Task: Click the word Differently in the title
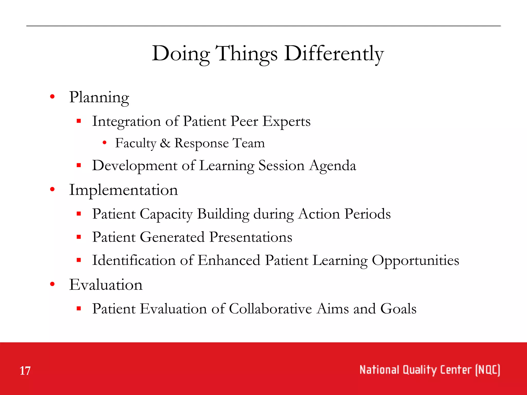tap(334, 53)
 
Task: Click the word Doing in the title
tap(181, 53)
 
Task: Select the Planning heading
tap(99, 97)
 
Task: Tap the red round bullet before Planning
tap(52, 97)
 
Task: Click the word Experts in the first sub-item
tap(286, 121)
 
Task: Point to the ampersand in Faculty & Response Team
tap(165, 143)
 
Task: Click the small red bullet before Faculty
tap(104, 143)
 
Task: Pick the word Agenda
tap(332, 165)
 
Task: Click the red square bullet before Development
tap(79, 165)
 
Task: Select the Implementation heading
tap(124, 190)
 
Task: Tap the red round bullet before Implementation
tap(52, 190)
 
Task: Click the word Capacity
tap(166, 214)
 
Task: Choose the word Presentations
tap(251, 237)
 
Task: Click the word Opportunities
tap(415, 260)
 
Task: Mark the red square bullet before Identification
tap(79, 260)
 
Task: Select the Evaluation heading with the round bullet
tap(106, 285)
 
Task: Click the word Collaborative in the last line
tap(270, 309)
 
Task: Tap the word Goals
tap(398, 309)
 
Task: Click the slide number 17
tap(25, 371)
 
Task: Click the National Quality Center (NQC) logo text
tap(429, 370)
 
